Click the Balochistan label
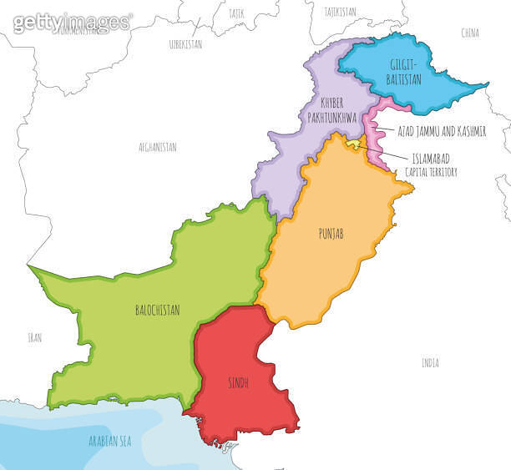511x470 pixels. pyautogui.click(x=158, y=309)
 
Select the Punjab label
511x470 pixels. pyautogui.click(x=330, y=233)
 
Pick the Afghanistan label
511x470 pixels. pyautogui.click(x=158, y=146)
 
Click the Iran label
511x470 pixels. pyautogui.click(x=34, y=337)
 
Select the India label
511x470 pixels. pyautogui.click(x=430, y=363)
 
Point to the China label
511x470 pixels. pyautogui.click(x=470, y=33)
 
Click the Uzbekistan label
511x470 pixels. pyautogui.click(x=185, y=44)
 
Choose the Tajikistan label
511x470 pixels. pyautogui.click(x=341, y=12)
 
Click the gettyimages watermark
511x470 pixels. pyautogui.click(x=72, y=23)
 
